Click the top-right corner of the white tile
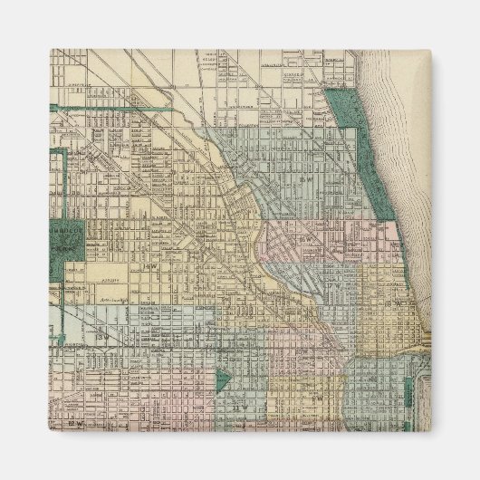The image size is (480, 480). (432, 49)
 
